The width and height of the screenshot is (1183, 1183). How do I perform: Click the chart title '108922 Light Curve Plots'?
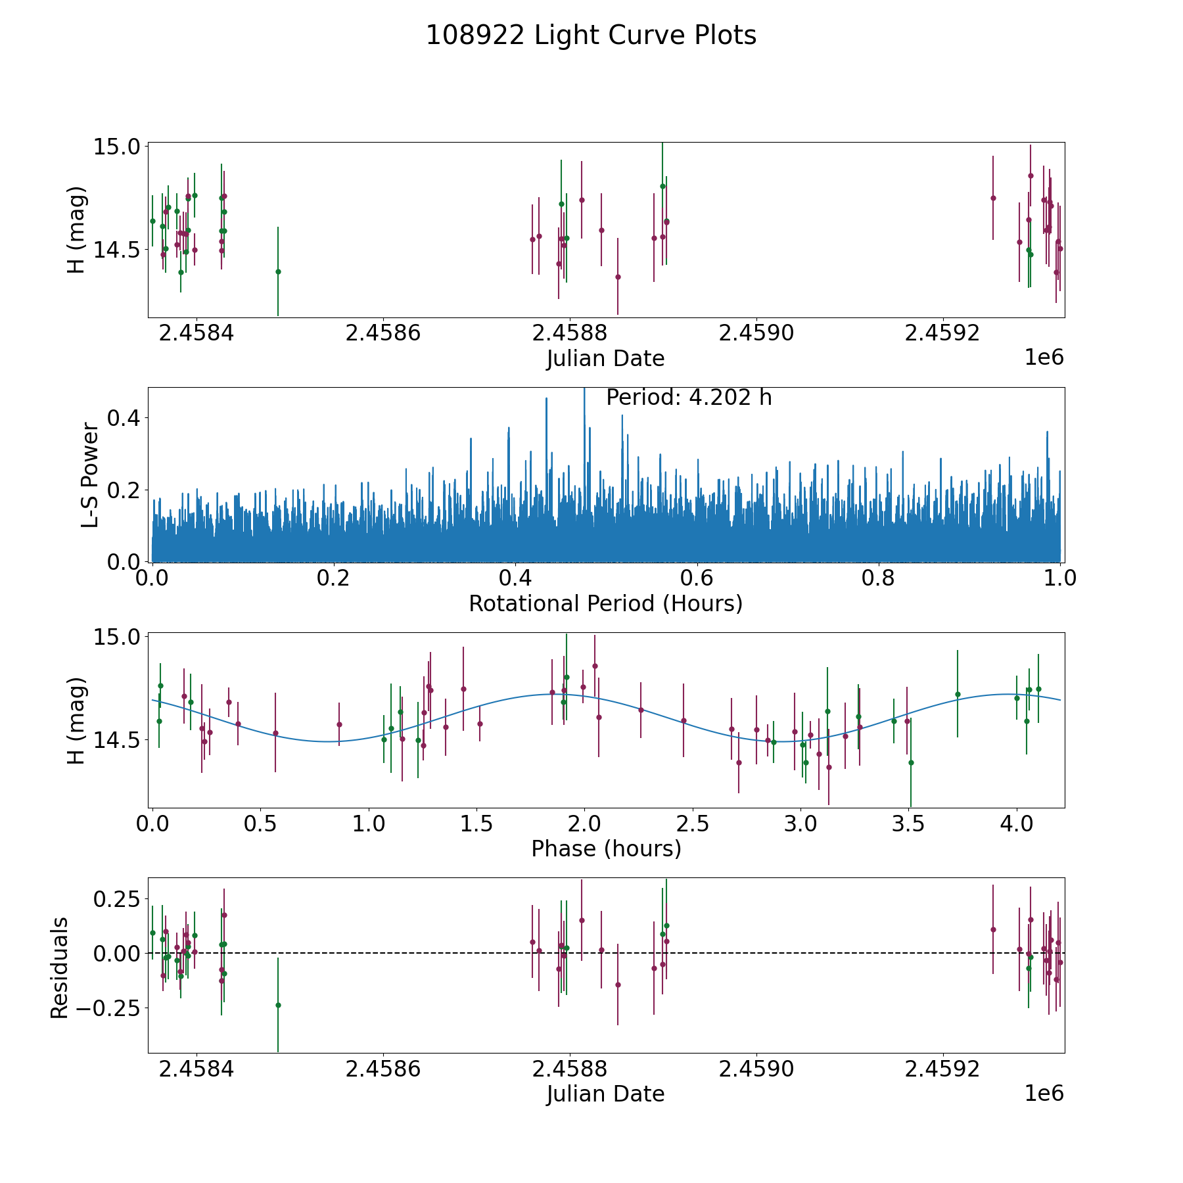click(591, 35)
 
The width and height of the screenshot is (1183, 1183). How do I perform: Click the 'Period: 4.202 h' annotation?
click(688, 398)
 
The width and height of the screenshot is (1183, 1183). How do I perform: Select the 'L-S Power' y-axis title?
click(91, 475)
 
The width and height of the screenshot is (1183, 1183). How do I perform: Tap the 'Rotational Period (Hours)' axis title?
click(605, 603)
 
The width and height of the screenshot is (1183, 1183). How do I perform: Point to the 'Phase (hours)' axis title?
click(605, 848)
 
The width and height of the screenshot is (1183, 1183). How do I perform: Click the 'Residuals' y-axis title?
click(60, 967)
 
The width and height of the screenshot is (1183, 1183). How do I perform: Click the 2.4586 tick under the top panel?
click(383, 333)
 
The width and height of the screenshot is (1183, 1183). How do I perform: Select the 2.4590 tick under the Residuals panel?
click(756, 1069)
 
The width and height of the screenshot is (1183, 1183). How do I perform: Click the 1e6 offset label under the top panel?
click(1044, 358)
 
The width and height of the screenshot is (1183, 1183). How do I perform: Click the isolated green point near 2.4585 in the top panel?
click(278, 271)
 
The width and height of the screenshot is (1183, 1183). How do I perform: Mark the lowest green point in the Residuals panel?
click(278, 1005)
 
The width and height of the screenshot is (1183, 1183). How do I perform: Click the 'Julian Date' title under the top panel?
click(605, 359)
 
